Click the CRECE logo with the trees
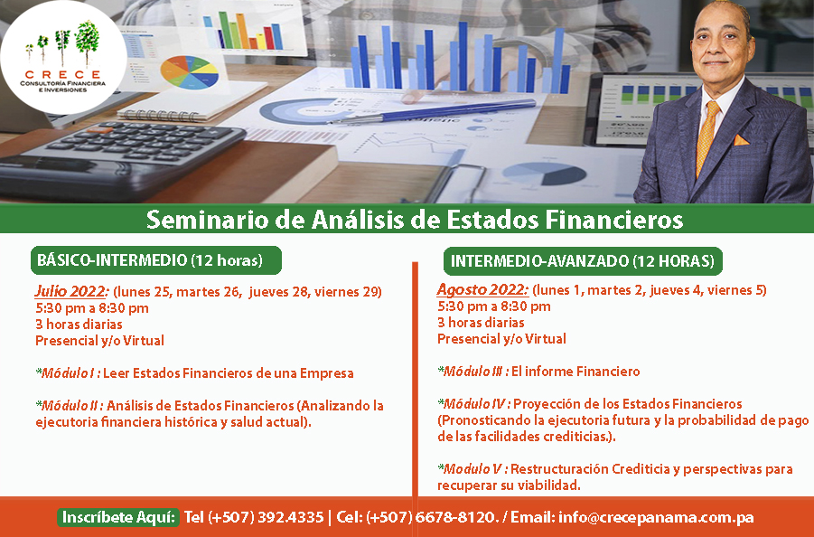tap(63, 57)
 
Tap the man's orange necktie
tap(707, 137)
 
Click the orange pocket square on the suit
tap(741, 139)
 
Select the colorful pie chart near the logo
tap(189, 72)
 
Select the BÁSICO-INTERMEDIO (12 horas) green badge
tap(155, 260)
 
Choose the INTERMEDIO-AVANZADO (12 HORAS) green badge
tap(583, 260)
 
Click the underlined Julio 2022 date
tap(71, 291)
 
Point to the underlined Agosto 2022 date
tap(482, 289)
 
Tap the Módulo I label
tap(68, 372)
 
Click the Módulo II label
tap(70, 405)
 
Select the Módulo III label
tap(472, 372)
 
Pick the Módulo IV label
tap(474, 403)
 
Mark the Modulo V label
tap(472, 469)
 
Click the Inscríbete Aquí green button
tap(117, 517)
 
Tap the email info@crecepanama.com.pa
tap(656, 517)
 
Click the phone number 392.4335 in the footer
tap(290, 517)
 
